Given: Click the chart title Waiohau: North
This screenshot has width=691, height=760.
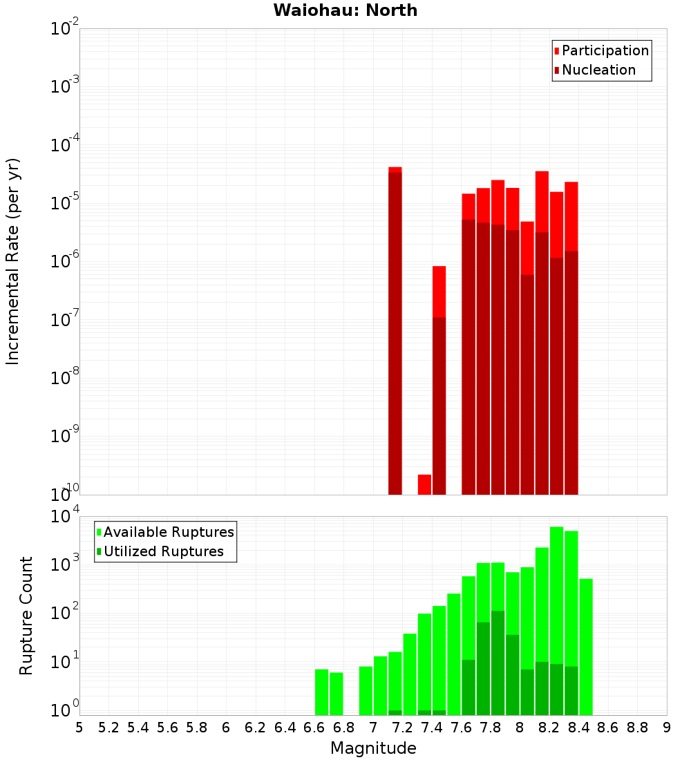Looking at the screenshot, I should click(345, 10).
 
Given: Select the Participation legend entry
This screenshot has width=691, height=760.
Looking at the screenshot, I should click(605, 50).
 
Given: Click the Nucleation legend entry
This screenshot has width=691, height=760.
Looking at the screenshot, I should click(598, 70).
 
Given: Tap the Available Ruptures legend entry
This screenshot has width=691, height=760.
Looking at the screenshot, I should click(168, 532).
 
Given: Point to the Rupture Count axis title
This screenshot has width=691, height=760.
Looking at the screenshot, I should click(26, 615).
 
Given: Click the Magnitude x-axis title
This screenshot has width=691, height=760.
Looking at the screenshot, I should click(373, 748).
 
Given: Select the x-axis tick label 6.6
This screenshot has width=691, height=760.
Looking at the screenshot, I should click(314, 728).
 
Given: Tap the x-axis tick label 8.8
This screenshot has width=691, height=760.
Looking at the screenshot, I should click(637, 728).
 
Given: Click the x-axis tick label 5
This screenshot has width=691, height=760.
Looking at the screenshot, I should click(79, 728).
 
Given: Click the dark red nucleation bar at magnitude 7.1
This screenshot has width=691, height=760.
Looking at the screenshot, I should click(395, 332).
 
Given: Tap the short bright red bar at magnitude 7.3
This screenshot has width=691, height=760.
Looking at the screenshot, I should click(424, 484).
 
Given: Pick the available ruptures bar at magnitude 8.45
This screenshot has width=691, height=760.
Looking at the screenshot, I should click(586, 646).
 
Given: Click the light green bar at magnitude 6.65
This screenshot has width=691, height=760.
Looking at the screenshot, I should click(321, 692).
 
